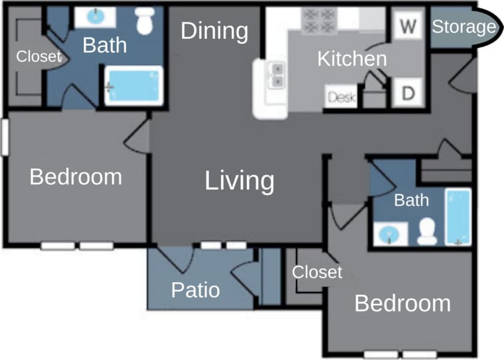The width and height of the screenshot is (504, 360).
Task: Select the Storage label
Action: [x=463, y=27]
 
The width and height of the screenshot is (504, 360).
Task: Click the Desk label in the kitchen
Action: [x=341, y=97]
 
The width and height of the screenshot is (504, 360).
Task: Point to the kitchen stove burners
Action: [x=319, y=21]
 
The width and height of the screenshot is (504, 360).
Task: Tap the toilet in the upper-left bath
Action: [x=145, y=21]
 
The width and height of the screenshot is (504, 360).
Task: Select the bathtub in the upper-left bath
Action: [x=133, y=86]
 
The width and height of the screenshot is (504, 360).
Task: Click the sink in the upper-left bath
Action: [x=95, y=17]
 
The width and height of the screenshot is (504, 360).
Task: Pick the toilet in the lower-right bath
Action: [x=427, y=230]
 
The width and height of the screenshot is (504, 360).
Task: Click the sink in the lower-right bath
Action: [x=390, y=234]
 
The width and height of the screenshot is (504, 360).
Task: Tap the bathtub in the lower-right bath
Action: [x=458, y=217]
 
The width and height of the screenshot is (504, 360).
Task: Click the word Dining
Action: [x=215, y=31]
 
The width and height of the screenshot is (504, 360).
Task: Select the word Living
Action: [x=239, y=181]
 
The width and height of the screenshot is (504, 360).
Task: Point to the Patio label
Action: [x=195, y=289]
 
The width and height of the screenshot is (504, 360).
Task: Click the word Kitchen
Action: [x=352, y=59]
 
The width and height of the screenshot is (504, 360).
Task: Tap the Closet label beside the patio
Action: [x=317, y=272]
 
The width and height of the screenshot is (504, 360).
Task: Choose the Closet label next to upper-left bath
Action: [x=39, y=57]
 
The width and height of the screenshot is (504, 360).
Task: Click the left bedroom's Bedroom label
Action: [x=75, y=177]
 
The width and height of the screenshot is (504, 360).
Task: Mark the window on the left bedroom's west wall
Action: [x=4, y=137]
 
